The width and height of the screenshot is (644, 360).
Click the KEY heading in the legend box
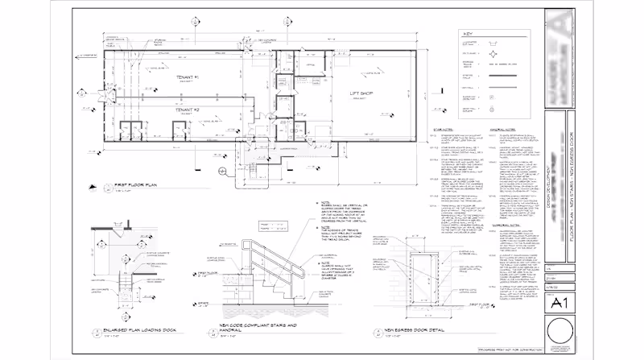point(469,34)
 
